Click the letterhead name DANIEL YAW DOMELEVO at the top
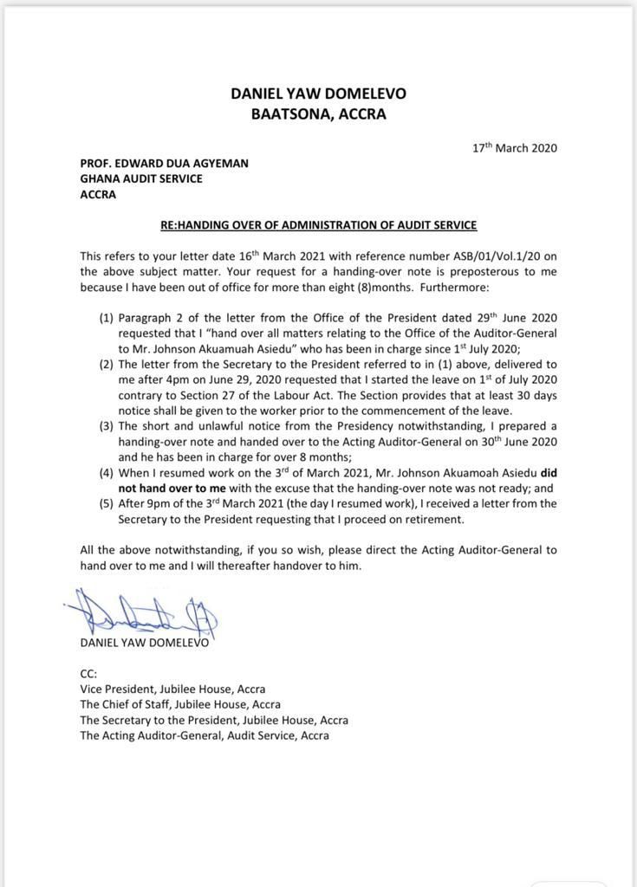(318, 94)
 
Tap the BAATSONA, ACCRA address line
(318, 113)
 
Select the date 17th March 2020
(514, 147)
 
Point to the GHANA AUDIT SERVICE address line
(141, 178)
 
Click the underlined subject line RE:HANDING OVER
(318, 225)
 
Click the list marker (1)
(106, 319)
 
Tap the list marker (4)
(106, 473)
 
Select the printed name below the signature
(144, 643)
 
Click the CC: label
(88, 673)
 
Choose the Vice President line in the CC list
(172, 690)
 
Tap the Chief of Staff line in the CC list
(179, 705)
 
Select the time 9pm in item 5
(166, 504)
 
